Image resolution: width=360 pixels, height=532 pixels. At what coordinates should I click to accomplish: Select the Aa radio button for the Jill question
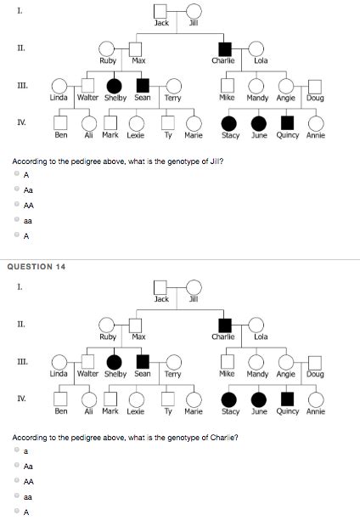pos(16,190)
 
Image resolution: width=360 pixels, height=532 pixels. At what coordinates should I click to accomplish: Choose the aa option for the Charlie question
pos(16,497)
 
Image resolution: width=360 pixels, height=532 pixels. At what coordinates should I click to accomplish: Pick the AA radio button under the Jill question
pos(16,205)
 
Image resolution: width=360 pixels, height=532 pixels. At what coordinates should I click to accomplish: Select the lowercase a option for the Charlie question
pos(16,451)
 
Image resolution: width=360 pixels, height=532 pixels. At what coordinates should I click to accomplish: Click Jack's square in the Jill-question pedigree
pos(161,11)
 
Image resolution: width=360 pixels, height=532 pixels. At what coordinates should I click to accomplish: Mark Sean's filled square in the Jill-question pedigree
pos(143,86)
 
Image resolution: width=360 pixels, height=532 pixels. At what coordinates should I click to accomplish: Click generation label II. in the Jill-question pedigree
pos(20,48)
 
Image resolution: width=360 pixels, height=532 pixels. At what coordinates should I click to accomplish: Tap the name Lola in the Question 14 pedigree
pos(261,337)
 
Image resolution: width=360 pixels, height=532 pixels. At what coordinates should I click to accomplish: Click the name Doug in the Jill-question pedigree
pos(315,98)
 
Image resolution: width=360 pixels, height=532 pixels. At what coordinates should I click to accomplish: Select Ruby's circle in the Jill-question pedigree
pos(107,50)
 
